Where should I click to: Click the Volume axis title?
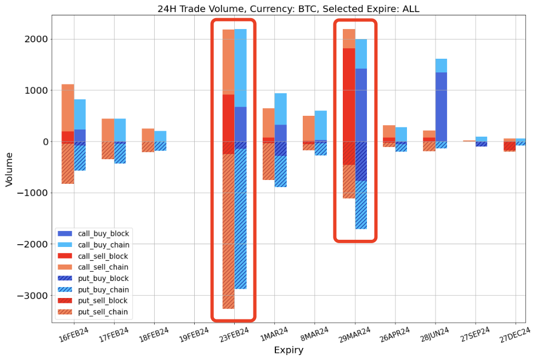(9, 169)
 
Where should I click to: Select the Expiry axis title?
(289, 350)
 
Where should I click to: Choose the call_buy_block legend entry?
(104, 234)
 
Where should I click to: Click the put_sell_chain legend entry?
(104, 312)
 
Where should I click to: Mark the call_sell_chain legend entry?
(104, 267)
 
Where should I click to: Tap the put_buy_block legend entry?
(104, 279)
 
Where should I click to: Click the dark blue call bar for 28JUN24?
(441, 107)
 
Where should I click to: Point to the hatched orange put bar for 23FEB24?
(228, 230)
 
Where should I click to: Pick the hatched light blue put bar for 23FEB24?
(240, 220)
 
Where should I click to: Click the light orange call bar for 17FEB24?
(108, 130)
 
